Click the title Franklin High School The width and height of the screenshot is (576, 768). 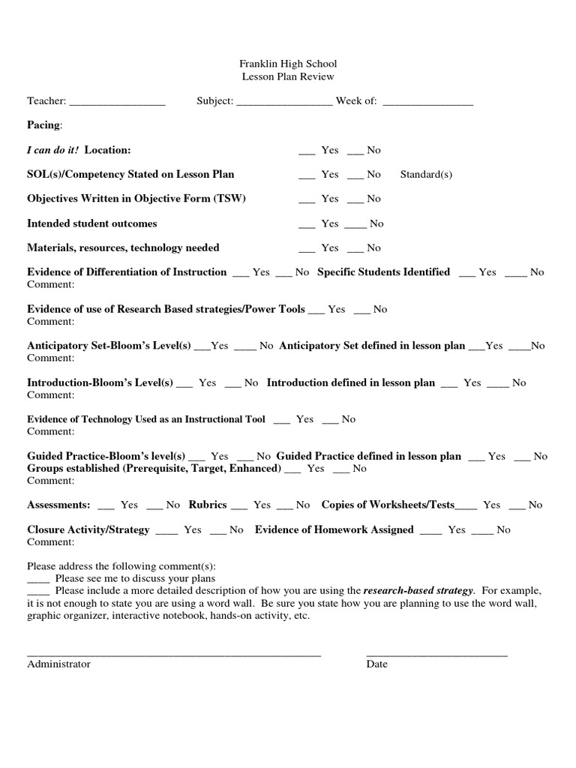point(288,64)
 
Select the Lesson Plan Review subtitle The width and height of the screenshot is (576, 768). point(288,76)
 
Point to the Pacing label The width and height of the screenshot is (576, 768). point(44,124)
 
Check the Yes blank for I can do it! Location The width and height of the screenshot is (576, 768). point(306,152)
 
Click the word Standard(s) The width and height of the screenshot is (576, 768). point(426,175)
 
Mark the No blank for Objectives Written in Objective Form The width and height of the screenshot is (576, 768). point(355,201)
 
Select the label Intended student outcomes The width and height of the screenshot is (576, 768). point(92,223)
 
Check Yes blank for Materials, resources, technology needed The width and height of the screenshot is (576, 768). point(306,250)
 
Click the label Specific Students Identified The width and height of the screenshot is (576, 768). point(383,272)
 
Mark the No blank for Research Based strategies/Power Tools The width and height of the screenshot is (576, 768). point(361,311)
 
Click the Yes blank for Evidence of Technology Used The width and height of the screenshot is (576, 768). point(282,421)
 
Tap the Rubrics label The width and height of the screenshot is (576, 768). point(208,505)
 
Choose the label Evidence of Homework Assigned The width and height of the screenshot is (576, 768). point(334,529)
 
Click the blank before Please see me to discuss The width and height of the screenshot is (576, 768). point(38,580)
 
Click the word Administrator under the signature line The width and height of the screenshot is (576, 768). point(58,664)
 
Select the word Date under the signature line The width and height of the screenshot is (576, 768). point(376,664)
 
